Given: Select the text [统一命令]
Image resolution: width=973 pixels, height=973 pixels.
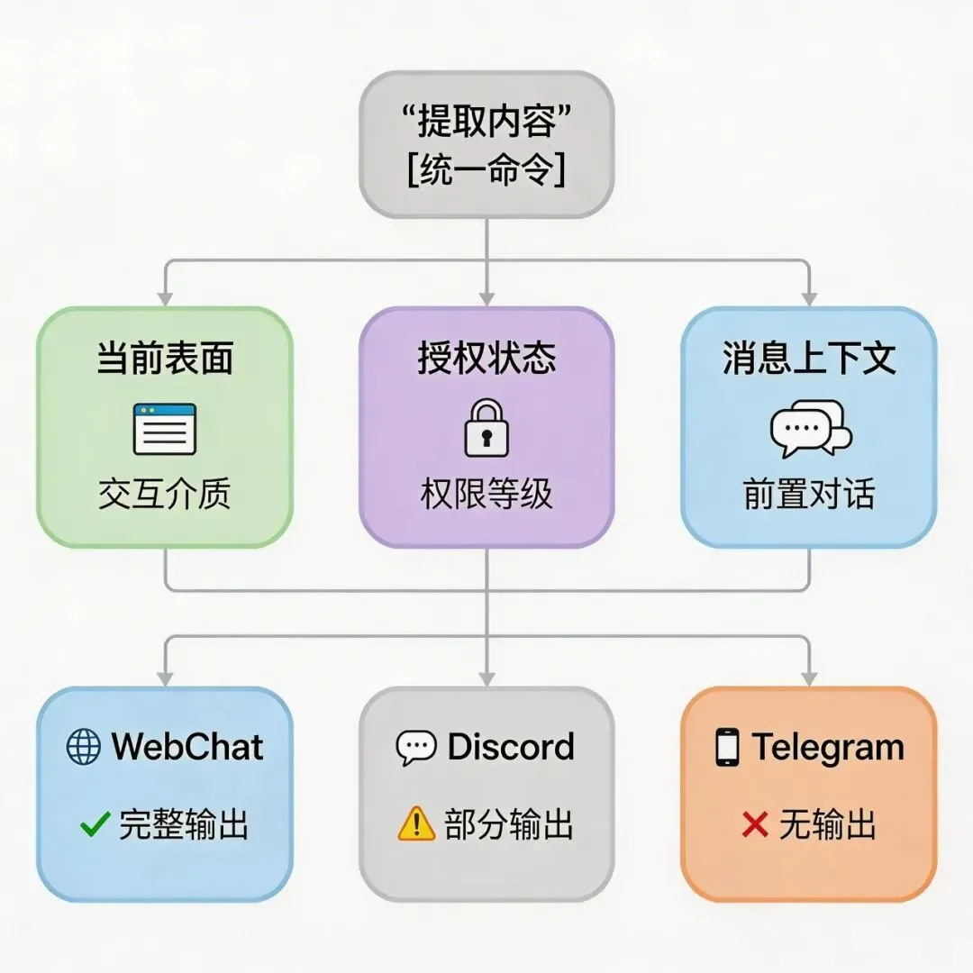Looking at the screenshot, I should point(486,170).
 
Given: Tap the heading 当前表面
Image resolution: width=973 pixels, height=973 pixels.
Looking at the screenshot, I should point(165,358).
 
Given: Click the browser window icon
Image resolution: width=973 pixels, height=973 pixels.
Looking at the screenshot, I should point(165,428).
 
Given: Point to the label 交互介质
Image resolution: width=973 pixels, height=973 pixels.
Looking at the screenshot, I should point(165,494).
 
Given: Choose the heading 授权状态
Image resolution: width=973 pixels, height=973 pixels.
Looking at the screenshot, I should point(486,358).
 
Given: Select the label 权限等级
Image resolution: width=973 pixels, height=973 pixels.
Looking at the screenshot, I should point(486,494).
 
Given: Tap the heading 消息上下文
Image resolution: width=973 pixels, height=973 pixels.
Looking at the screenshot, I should point(809,358).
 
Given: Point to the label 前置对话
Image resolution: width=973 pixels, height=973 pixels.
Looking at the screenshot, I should point(809,494).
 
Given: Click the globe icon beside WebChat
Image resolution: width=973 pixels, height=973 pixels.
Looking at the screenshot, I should point(84,747).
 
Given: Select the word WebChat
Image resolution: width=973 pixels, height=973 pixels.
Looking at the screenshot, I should point(187,747).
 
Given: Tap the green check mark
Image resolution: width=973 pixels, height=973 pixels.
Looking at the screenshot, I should point(95,824).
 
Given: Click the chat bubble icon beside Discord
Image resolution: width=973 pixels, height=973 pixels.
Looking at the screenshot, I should point(416,748).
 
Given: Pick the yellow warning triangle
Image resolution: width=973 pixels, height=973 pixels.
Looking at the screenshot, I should point(416,824).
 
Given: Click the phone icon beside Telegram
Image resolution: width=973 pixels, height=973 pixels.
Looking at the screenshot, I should point(727,748).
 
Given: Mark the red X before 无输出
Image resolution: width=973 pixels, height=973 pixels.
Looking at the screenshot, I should point(755,824).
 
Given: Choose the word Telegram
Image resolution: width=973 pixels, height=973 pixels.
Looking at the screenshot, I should point(828,748).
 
